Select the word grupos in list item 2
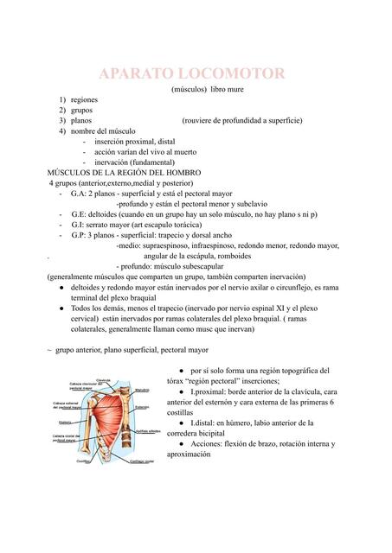point(82,111)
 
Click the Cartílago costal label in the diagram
point(143,461)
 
